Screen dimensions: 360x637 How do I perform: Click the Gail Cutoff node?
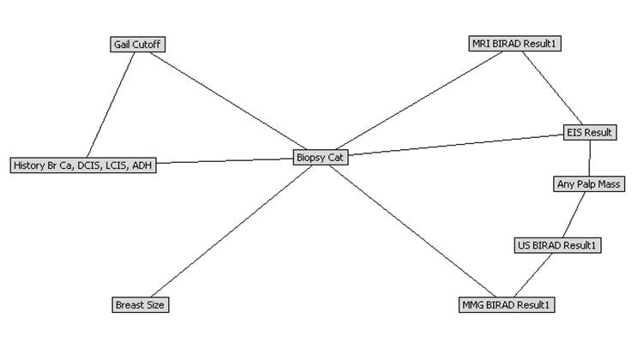pyautogui.click(x=137, y=44)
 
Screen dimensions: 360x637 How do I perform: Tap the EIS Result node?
pyautogui.click(x=590, y=132)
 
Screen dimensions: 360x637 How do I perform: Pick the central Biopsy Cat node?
pyautogui.click(x=321, y=157)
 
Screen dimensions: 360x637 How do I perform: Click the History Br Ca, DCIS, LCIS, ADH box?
pyautogui.click(x=83, y=165)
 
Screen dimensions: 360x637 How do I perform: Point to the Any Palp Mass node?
pyautogui.click(x=590, y=183)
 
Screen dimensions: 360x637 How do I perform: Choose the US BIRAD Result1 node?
pyautogui.click(x=557, y=245)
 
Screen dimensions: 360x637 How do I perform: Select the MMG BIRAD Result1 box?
pyautogui.click(x=507, y=304)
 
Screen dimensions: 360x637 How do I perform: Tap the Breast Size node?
pyautogui.click(x=141, y=304)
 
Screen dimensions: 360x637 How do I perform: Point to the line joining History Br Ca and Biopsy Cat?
pyautogui.click(x=225, y=161)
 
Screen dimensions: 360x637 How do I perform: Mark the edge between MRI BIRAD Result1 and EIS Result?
pyautogui.click(x=553, y=87)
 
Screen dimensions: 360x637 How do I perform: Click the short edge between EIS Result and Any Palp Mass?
pyautogui.click(x=590, y=158)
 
